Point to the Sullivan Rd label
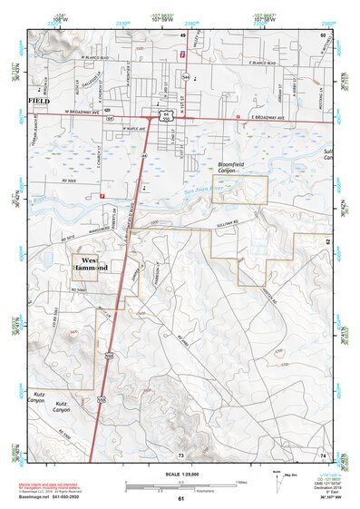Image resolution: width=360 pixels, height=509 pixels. [234, 220]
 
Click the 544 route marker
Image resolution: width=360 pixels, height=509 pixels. [186, 78]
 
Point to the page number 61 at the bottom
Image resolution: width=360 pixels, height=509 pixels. [180, 499]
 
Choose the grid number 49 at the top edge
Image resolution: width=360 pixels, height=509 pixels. [182, 34]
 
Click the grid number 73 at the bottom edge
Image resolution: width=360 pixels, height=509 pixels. [181, 454]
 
